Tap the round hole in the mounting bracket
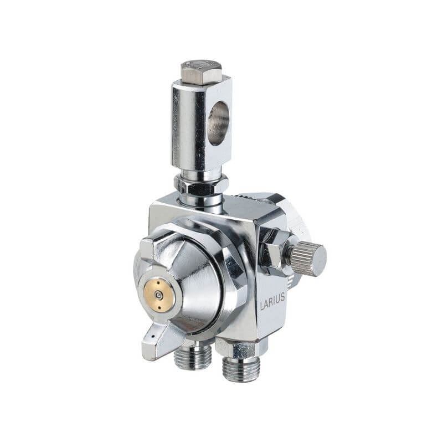[218, 123]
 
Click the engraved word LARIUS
[272, 297]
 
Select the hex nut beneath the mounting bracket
[200, 185]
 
